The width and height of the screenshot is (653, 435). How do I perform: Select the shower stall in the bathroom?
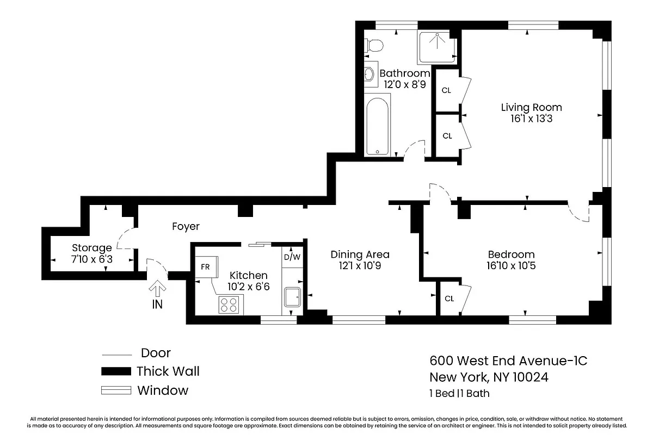pyautogui.click(x=436, y=46)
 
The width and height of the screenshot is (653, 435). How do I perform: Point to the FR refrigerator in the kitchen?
pyautogui.click(x=206, y=268)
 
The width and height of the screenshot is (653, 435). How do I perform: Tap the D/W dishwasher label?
pyautogui.click(x=292, y=257)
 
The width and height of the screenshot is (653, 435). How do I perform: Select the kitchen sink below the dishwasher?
pyautogui.click(x=292, y=297)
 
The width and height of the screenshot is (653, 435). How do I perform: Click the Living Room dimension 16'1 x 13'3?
pyautogui.click(x=531, y=119)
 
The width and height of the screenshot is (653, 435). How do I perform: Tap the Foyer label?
pyautogui.click(x=186, y=226)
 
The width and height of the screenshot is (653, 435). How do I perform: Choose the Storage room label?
pyautogui.click(x=92, y=248)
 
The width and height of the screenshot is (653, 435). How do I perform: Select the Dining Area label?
pyautogui.click(x=360, y=254)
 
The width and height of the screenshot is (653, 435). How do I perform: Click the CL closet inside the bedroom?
pyautogui.click(x=449, y=299)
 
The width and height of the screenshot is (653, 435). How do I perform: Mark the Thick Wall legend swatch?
pyautogui.click(x=116, y=372)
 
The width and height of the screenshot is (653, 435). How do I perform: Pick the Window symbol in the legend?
pyautogui.click(x=116, y=390)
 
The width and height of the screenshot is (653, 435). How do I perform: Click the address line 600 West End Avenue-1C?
pyautogui.click(x=508, y=361)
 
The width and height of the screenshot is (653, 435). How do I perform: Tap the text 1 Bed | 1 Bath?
pyautogui.click(x=459, y=393)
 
